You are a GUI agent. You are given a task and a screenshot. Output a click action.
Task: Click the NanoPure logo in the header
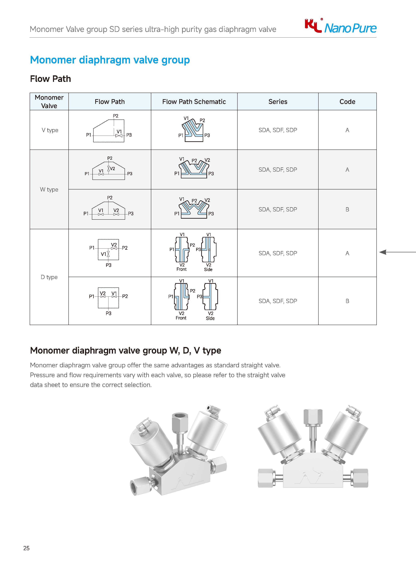pos(340,27)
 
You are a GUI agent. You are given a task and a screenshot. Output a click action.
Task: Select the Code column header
pos(347,102)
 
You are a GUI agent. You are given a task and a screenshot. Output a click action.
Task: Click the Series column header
pos(278,102)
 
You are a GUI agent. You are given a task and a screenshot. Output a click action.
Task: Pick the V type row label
pos(50,130)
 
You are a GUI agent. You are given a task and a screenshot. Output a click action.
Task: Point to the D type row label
pos(49,277)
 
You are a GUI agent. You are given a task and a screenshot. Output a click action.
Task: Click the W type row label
pos(49,189)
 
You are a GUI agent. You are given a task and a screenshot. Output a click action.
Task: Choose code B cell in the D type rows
pos(347,301)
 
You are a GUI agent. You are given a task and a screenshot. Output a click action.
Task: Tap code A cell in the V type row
pos(347,130)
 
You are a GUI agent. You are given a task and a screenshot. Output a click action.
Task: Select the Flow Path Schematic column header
pos(194,102)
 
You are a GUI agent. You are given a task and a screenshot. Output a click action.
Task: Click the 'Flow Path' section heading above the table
pos(50,79)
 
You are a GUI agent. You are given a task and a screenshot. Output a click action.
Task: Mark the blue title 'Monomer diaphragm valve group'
pos(110,60)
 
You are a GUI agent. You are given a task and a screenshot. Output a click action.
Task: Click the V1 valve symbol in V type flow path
pos(119,136)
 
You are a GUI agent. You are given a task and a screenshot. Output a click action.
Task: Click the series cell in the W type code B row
pos(278,209)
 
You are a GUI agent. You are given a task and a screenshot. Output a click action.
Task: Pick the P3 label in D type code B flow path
pos(108,313)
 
